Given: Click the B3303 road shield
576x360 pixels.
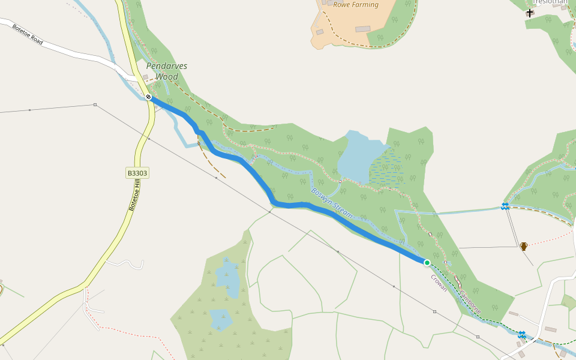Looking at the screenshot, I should coord(137,173).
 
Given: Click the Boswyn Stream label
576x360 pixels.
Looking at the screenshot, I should coord(332,203).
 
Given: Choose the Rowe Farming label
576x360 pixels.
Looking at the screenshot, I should coord(356,5).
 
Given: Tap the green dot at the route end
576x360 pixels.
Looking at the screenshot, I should coord(427,262).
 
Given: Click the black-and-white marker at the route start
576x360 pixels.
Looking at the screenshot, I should coord(148,97).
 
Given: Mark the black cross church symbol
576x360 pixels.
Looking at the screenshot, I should coord(530,13).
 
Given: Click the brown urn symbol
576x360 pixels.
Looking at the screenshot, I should coord(524,246).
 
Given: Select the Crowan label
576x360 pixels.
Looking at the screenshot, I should coord(439,283).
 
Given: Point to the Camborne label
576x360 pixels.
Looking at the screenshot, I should coord(470,302).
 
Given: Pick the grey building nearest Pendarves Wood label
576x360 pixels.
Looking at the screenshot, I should coord(145,77).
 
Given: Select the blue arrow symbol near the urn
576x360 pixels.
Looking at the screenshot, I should coord(505,206).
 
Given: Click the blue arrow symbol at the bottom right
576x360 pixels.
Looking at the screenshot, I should coord(522,334).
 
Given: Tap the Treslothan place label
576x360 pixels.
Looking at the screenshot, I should coord(550,2).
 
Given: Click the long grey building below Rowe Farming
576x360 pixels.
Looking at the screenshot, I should coord(362,29).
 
